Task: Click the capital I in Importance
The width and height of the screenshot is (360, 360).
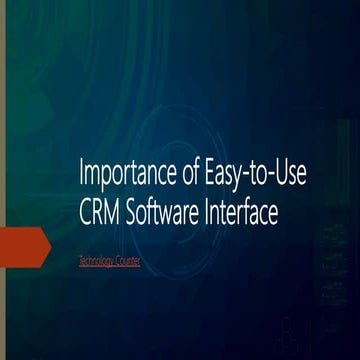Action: (x=81, y=177)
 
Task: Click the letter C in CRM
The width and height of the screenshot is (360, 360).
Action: (x=86, y=212)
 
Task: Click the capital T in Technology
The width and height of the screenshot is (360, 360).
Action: (x=80, y=261)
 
